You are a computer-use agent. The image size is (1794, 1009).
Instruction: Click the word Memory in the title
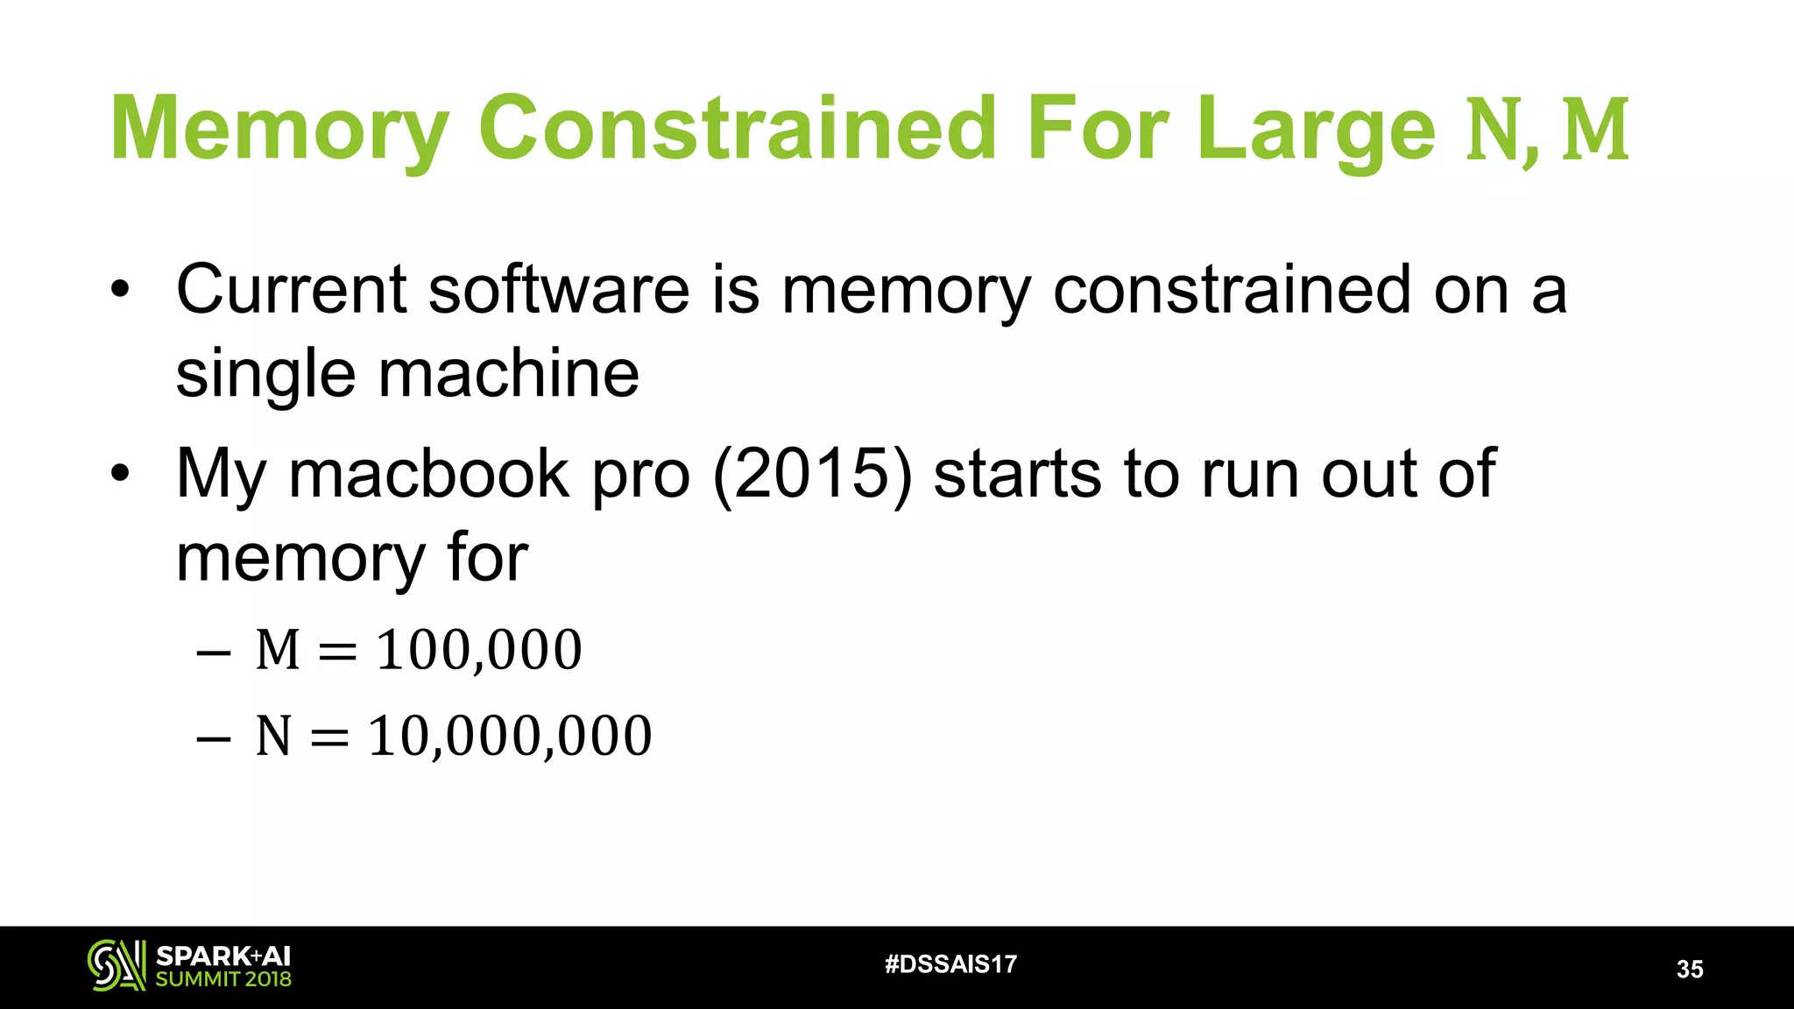pos(279,130)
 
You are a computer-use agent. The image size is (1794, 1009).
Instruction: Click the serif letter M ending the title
pos(1596,130)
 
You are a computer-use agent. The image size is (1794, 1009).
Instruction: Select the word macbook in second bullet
pos(429,474)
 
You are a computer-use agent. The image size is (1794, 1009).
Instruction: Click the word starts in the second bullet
pos(1017,474)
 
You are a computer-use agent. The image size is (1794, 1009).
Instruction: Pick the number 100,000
pos(479,651)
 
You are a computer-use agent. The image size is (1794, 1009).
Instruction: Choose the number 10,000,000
pos(510,736)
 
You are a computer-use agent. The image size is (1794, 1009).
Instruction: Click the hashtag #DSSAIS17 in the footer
pos(950,964)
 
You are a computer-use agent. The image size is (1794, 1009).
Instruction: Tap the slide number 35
pos(1689,970)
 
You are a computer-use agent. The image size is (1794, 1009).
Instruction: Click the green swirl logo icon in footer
pos(116,966)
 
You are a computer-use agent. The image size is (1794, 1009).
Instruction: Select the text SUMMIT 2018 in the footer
pos(223,979)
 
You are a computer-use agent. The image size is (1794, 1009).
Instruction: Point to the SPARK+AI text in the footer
pos(223,956)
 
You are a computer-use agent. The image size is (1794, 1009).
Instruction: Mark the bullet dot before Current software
pos(120,290)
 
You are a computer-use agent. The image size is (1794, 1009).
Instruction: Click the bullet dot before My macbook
pos(120,474)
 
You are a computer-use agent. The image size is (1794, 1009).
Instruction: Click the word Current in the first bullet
pos(291,290)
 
